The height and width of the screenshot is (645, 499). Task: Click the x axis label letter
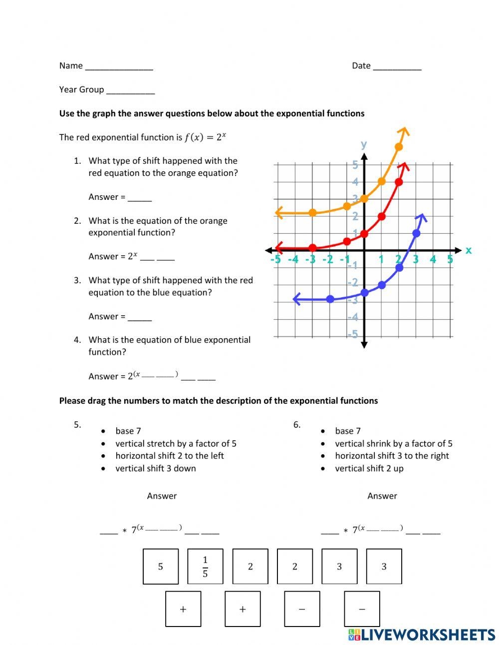[468, 250]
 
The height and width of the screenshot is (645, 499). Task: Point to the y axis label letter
[364, 144]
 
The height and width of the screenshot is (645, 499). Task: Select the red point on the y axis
[364, 233]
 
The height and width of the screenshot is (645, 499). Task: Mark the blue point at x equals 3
[417, 233]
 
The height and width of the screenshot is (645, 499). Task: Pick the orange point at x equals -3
[312, 212]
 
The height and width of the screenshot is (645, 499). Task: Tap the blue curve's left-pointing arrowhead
[296, 299]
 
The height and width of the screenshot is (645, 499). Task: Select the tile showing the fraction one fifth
[205, 567]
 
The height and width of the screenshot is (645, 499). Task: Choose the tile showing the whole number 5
[161, 567]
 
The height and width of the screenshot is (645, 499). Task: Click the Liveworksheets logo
[421, 635]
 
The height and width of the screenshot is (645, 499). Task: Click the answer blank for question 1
[140, 198]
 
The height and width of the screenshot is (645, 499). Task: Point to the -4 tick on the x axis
[293, 259]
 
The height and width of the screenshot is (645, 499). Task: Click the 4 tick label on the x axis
[433, 259]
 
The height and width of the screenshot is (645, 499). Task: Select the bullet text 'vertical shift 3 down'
[155, 468]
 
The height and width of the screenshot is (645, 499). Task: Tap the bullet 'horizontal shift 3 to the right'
[392, 456]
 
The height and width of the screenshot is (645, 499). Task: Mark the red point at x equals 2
[399, 182]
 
